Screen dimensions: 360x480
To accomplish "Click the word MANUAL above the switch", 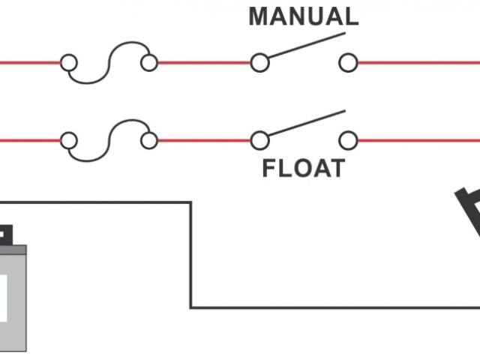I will tap(304, 16).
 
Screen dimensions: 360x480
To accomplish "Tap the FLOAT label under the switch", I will tap(304, 168).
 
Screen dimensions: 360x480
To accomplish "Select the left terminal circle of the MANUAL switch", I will tap(259, 63).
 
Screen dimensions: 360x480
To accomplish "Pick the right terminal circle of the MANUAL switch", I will tap(347, 63).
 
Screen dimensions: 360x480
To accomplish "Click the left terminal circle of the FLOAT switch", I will tap(259, 139).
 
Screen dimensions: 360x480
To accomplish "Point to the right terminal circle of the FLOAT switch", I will tap(347, 139).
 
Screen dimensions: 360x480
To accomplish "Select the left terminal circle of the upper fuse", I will tap(69, 63).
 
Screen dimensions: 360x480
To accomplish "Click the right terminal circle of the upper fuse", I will tap(149, 63).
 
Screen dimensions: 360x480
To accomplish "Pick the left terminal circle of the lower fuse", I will tap(69, 139).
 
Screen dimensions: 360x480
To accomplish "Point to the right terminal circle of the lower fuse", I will tap(149, 139).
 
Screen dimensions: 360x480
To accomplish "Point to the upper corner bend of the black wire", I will tap(190, 202).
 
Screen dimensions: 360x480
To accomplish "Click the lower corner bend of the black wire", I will tap(190, 307).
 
